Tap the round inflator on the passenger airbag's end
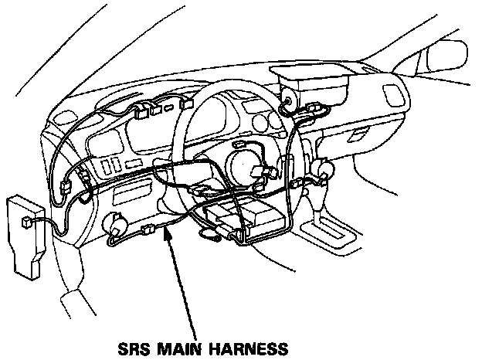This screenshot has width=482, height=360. [x=290, y=99]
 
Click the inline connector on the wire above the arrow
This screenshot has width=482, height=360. [x=150, y=229]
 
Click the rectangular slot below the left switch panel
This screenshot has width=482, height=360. [x=134, y=189]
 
